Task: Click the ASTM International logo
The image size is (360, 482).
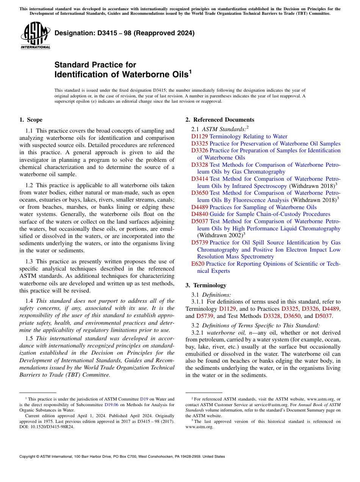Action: click(35, 35)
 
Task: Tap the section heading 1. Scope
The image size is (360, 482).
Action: click(31, 120)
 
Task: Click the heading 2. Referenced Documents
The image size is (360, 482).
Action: click(220, 120)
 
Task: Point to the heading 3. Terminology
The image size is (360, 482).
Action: click(210, 285)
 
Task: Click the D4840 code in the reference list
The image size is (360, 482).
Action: click(199, 214)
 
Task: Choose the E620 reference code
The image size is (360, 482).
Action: click(197, 264)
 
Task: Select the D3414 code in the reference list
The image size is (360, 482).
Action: click(199, 179)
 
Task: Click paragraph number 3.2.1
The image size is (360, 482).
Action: click(198, 333)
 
